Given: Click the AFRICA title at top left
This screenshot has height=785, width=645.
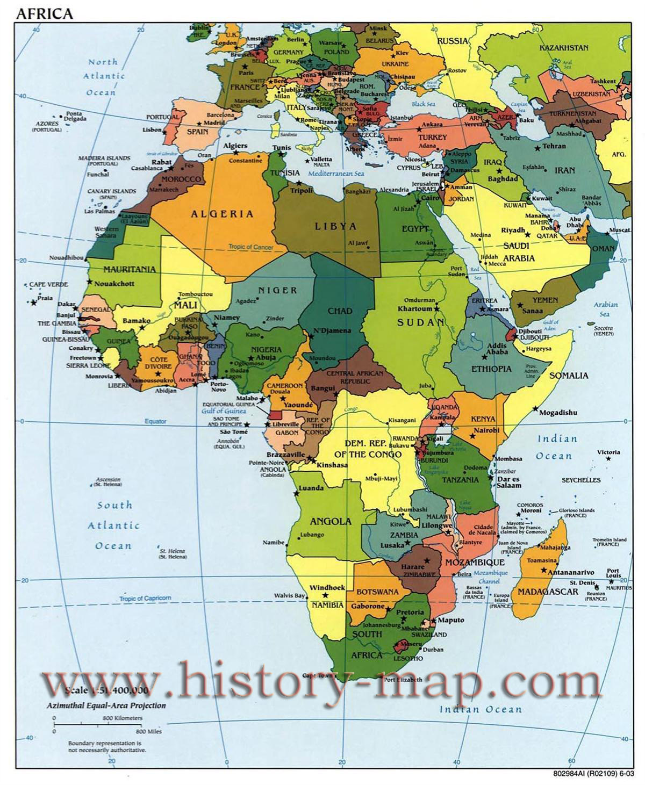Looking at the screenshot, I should click(44, 13).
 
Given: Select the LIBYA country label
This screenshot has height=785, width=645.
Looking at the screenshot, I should click(335, 226).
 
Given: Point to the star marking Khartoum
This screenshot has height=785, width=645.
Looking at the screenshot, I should click(436, 309).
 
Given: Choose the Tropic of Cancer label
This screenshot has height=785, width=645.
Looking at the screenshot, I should click(250, 247).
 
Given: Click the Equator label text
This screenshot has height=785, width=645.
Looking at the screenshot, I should click(155, 422).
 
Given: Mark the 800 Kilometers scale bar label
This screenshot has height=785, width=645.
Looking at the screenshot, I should click(123, 718).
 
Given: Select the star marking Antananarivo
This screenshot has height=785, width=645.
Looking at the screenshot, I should click(544, 570).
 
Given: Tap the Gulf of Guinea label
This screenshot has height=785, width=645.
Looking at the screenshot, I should click(224, 411).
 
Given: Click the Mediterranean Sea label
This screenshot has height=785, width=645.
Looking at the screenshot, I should click(336, 174).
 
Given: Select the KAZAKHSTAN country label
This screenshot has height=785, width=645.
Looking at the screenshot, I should click(564, 48).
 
